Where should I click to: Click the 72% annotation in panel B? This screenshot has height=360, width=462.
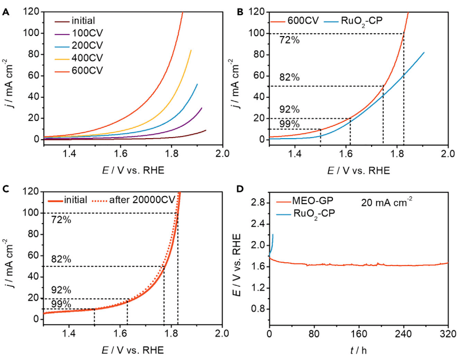290,39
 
